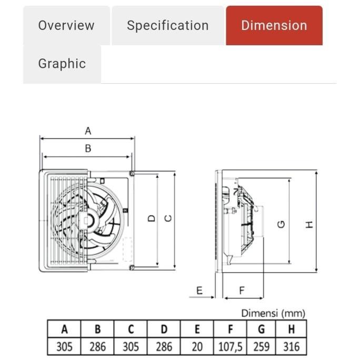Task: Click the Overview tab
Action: click(66, 25)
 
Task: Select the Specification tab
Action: click(167, 25)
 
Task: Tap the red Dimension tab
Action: click(274, 25)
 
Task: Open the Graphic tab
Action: click(62, 64)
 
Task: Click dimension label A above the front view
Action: click(88, 131)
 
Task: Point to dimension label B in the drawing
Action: click(88, 148)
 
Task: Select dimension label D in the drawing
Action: click(152, 218)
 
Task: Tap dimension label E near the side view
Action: click(199, 291)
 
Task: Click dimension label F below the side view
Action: click(242, 291)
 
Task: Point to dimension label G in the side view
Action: click(281, 224)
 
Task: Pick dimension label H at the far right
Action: click(309, 224)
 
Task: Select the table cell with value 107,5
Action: click(230, 346)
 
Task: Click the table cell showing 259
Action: click(261, 346)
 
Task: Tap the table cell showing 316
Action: click(291, 346)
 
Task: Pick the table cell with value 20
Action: click(197, 346)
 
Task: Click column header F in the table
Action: click(230, 329)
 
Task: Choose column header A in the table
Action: click(64, 329)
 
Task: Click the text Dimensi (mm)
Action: click(273, 313)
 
